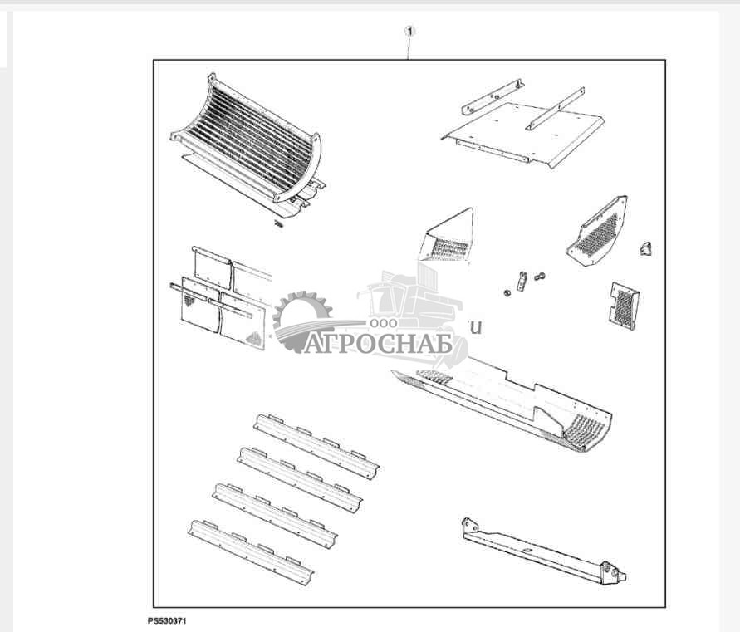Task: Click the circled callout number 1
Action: click(409, 31)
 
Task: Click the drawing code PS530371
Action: click(171, 620)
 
